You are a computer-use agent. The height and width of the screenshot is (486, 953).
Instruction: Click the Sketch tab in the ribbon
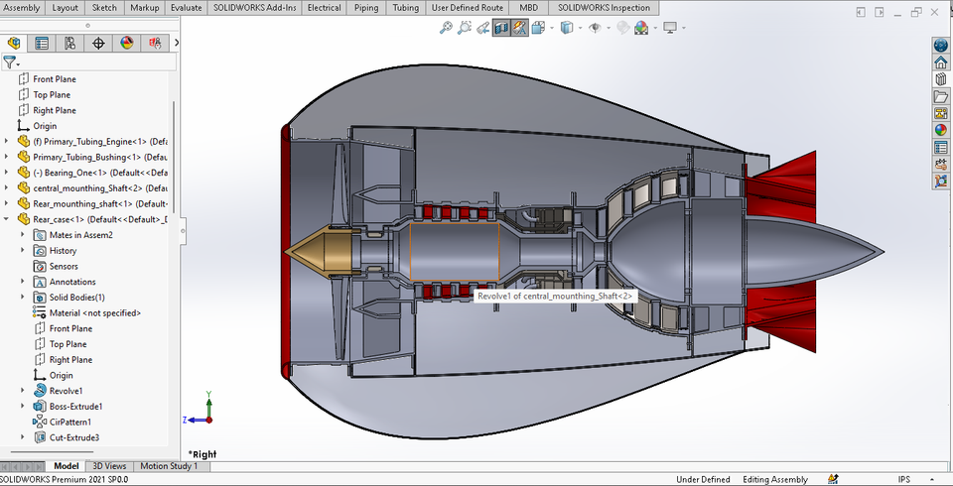point(104,8)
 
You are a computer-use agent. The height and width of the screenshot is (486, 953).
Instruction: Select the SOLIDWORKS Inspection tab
point(604,8)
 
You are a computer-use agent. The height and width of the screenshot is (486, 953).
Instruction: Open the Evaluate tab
point(186,8)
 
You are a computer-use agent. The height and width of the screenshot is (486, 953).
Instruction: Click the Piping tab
point(366,8)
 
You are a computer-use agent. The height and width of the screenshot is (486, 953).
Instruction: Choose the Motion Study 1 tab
point(169,466)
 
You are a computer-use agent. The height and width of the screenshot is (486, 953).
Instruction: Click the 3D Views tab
point(109,466)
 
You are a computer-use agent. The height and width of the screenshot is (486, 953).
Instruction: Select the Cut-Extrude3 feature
point(73,437)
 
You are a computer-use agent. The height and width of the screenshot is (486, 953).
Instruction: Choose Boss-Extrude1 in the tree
point(75,407)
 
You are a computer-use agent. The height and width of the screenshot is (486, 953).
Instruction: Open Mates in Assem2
point(80,235)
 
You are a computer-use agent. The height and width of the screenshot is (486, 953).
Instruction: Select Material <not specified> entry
point(94,313)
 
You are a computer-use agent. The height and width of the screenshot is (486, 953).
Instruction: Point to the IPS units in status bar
point(904,480)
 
